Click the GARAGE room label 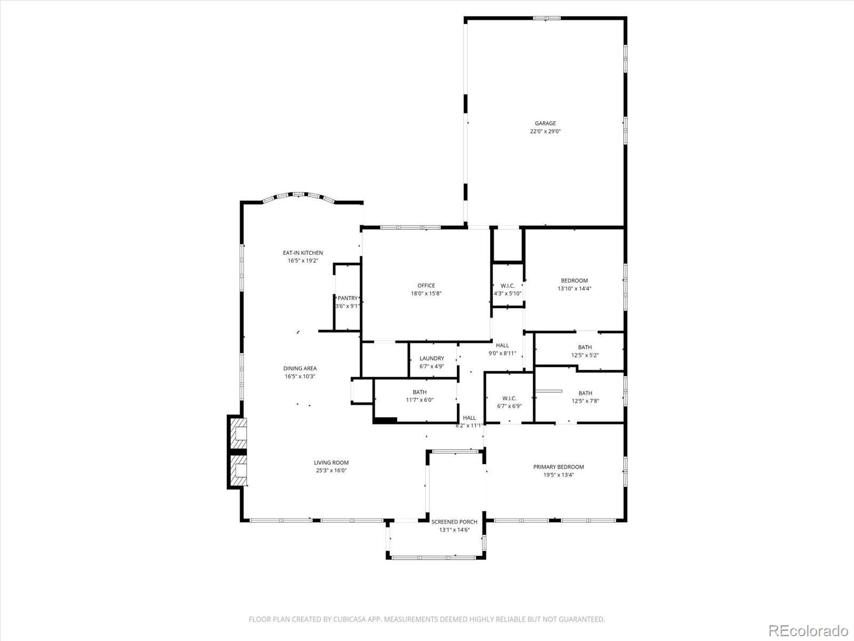click(x=545, y=123)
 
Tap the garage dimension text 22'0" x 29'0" click(x=545, y=131)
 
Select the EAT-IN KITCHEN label click(x=303, y=253)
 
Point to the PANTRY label click(x=347, y=298)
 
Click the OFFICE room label click(x=426, y=285)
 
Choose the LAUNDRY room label click(x=431, y=358)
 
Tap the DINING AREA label click(x=299, y=368)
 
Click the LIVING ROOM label click(x=331, y=463)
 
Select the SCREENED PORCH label click(x=454, y=522)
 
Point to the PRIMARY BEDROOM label click(x=558, y=467)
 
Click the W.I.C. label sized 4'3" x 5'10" click(x=508, y=286)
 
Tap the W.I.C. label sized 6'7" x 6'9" click(x=509, y=398)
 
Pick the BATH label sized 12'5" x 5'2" click(x=584, y=347)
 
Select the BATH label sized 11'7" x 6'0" click(x=419, y=392)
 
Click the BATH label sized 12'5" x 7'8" click(x=585, y=393)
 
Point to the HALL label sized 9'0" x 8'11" click(x=502, y=345)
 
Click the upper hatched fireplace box click(x=239, y=432)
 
